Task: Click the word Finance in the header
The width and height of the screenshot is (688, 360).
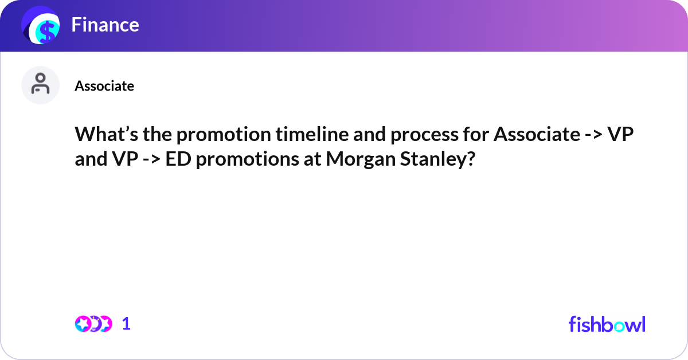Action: coord(105,25)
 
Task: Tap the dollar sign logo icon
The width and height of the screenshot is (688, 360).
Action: coord(41,26)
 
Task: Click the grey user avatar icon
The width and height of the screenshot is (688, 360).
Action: coord(40,85)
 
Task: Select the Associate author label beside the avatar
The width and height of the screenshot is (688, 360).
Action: coord(104,86)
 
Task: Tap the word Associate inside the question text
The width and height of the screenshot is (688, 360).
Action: coord(537,134)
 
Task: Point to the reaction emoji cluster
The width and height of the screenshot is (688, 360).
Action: coord(93,324)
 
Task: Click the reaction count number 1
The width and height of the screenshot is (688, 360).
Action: coord(126,324)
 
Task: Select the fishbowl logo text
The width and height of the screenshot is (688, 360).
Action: coord(607,324)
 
